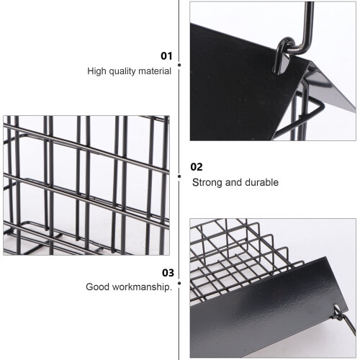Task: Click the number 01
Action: click(166, 56)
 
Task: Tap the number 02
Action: click(197, 167)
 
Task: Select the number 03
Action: click(168, 273)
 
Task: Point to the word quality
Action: click(122, 71)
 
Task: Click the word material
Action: click(155, 71)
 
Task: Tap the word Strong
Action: click(207, 183)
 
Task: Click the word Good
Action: click(97, 287)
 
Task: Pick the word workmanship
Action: click(142, 287)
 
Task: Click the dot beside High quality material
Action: click(179, 65)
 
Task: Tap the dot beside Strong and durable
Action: click(179, 176)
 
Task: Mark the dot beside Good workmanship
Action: click(179, 283)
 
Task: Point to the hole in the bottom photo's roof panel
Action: click(336, 308)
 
